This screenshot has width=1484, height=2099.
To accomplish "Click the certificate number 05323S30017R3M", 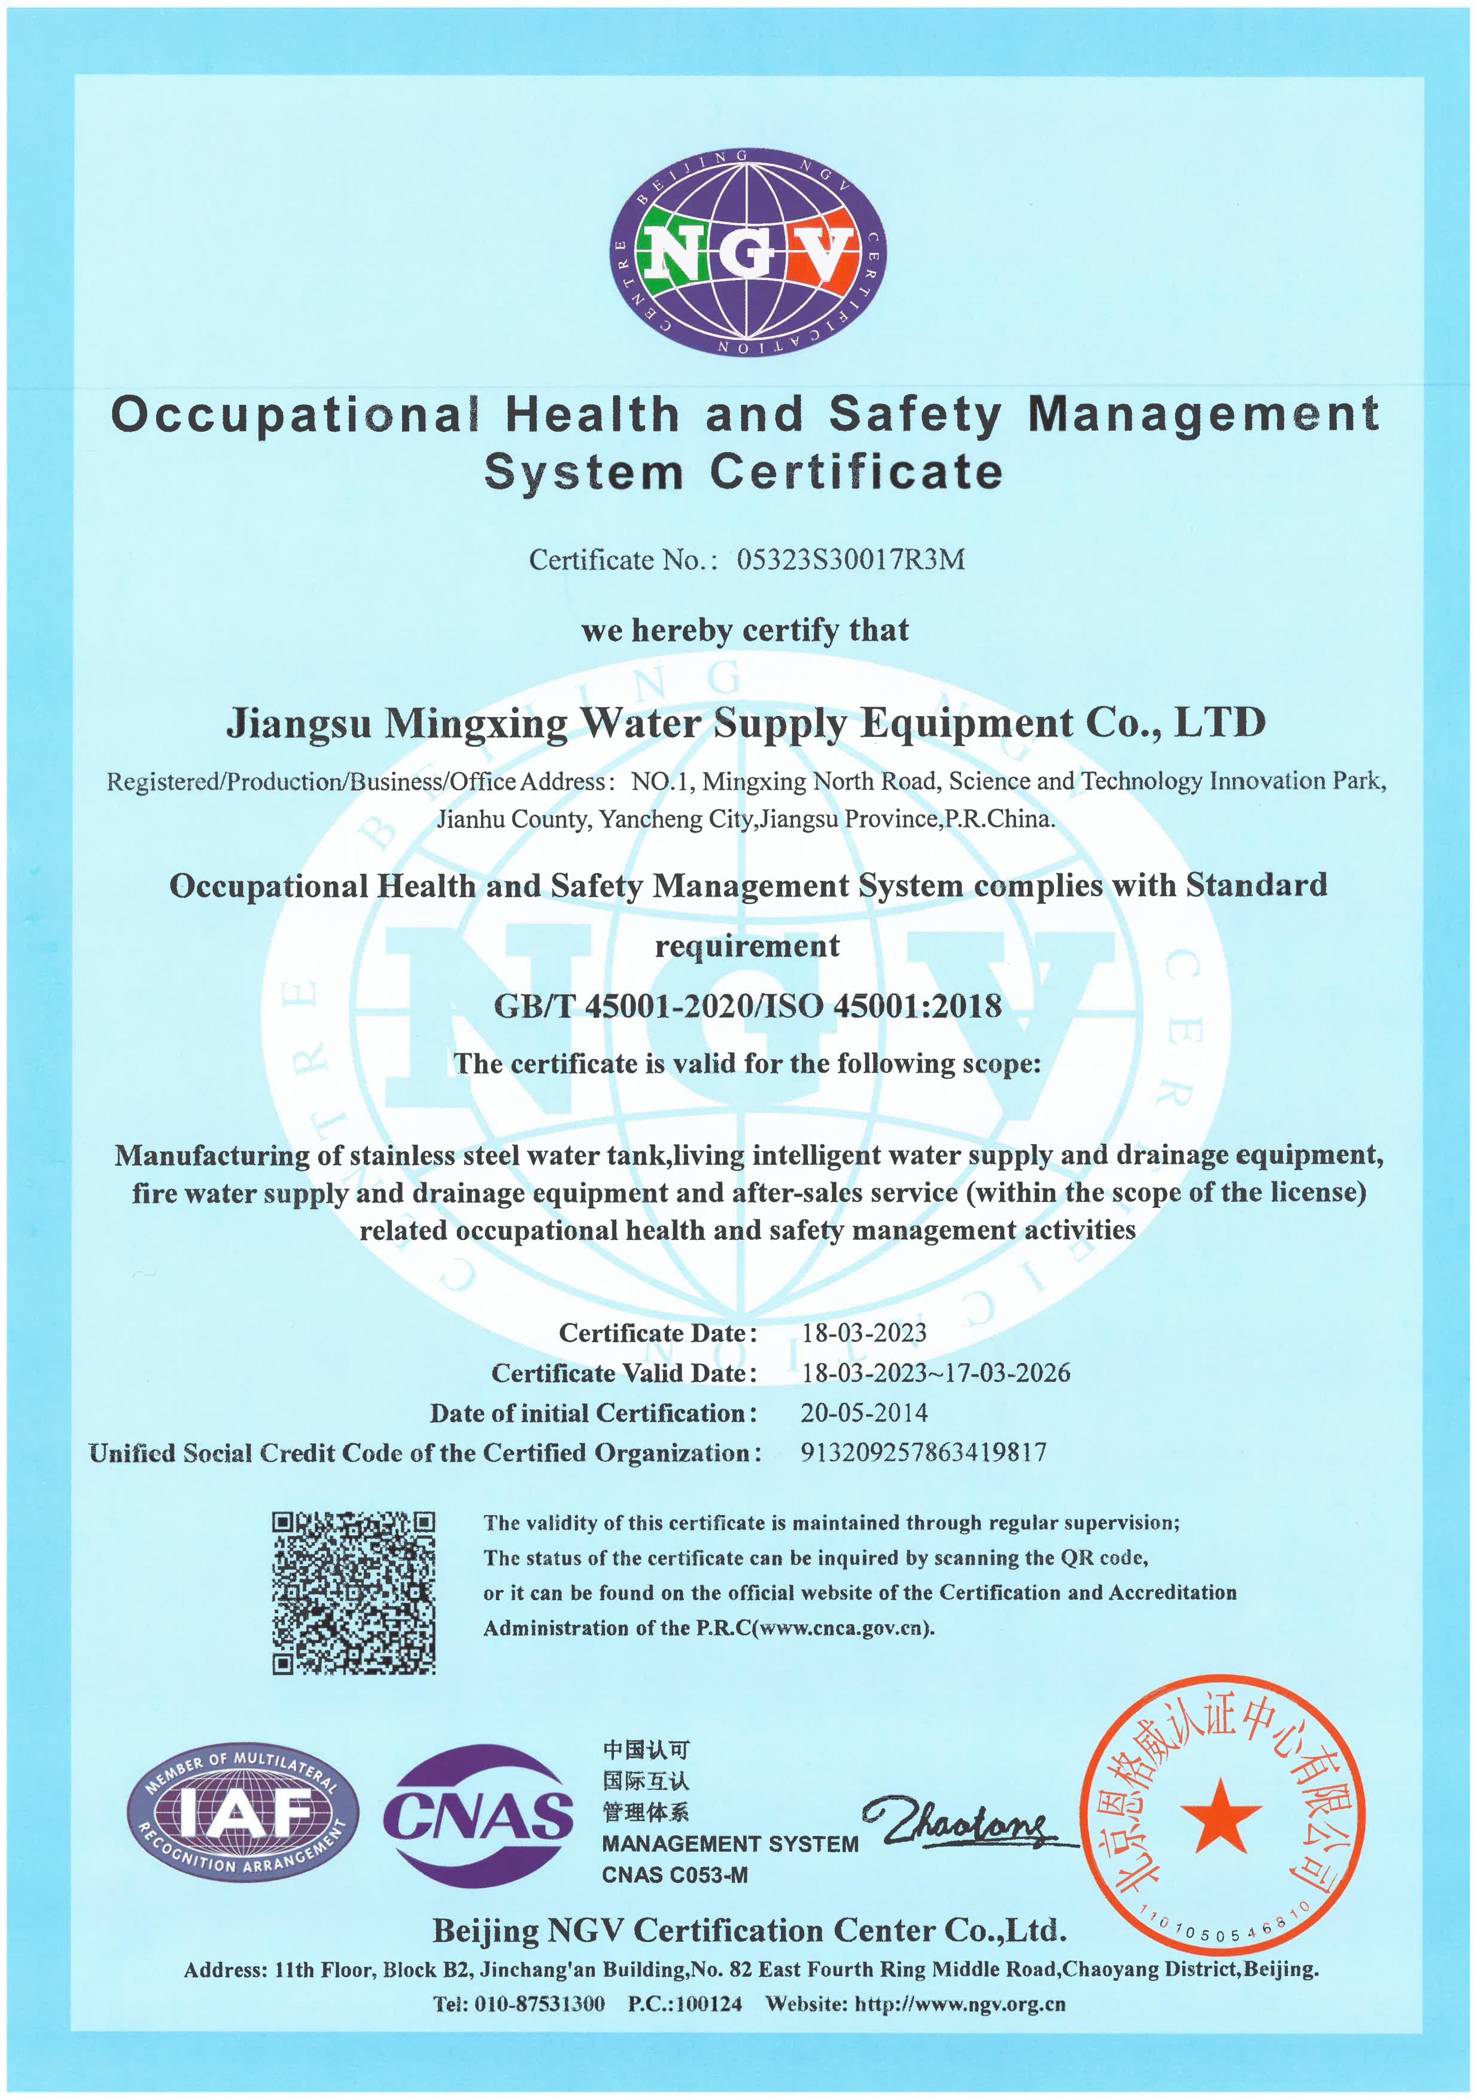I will tap(850, 560).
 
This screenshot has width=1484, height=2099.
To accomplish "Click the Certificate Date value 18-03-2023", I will tap(864, 1333).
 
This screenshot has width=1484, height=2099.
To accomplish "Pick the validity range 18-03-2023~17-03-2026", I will tap(936, 1373).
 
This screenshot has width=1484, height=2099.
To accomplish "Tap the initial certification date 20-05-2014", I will tap(864, 1413).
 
